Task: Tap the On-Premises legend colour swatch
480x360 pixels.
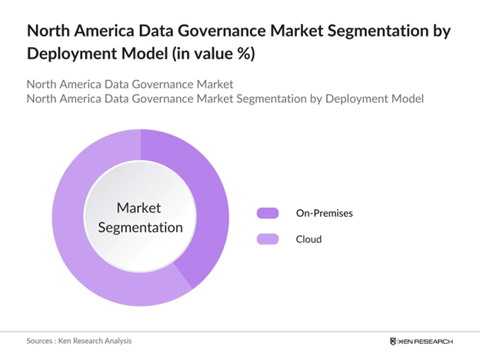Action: [267, 213]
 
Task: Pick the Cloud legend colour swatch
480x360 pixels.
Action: [267, 239]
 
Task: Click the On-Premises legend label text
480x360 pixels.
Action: [324, 213]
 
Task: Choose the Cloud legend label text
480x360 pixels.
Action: [308, 239]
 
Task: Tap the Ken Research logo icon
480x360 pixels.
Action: [395, 341]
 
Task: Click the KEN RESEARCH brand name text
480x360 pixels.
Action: [428, 341]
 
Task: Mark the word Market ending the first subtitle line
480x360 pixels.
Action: [214, 83]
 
